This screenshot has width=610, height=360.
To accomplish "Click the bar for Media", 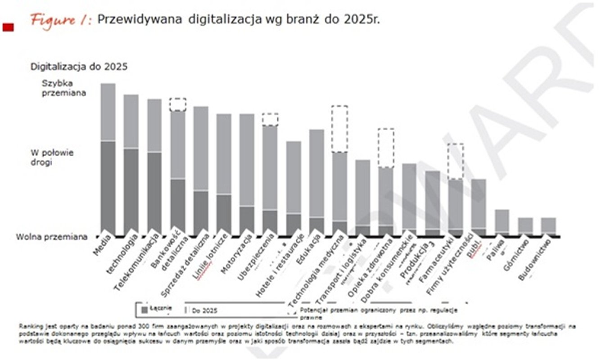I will (108, 157).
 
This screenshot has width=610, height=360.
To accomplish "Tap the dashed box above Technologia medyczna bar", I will (339, 129).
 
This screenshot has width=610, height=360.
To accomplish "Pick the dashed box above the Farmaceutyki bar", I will (455, 162).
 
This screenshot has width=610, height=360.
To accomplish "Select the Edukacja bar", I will (316, 180).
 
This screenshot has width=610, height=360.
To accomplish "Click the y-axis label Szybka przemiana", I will (58, 88).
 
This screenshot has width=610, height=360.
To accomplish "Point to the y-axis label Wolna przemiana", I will (52, 237).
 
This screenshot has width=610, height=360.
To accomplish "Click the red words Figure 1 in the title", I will (60, 21).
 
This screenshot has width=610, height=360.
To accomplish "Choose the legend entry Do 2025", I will (202, 310).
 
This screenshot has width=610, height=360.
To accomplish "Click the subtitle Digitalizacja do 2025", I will (79, 67).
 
